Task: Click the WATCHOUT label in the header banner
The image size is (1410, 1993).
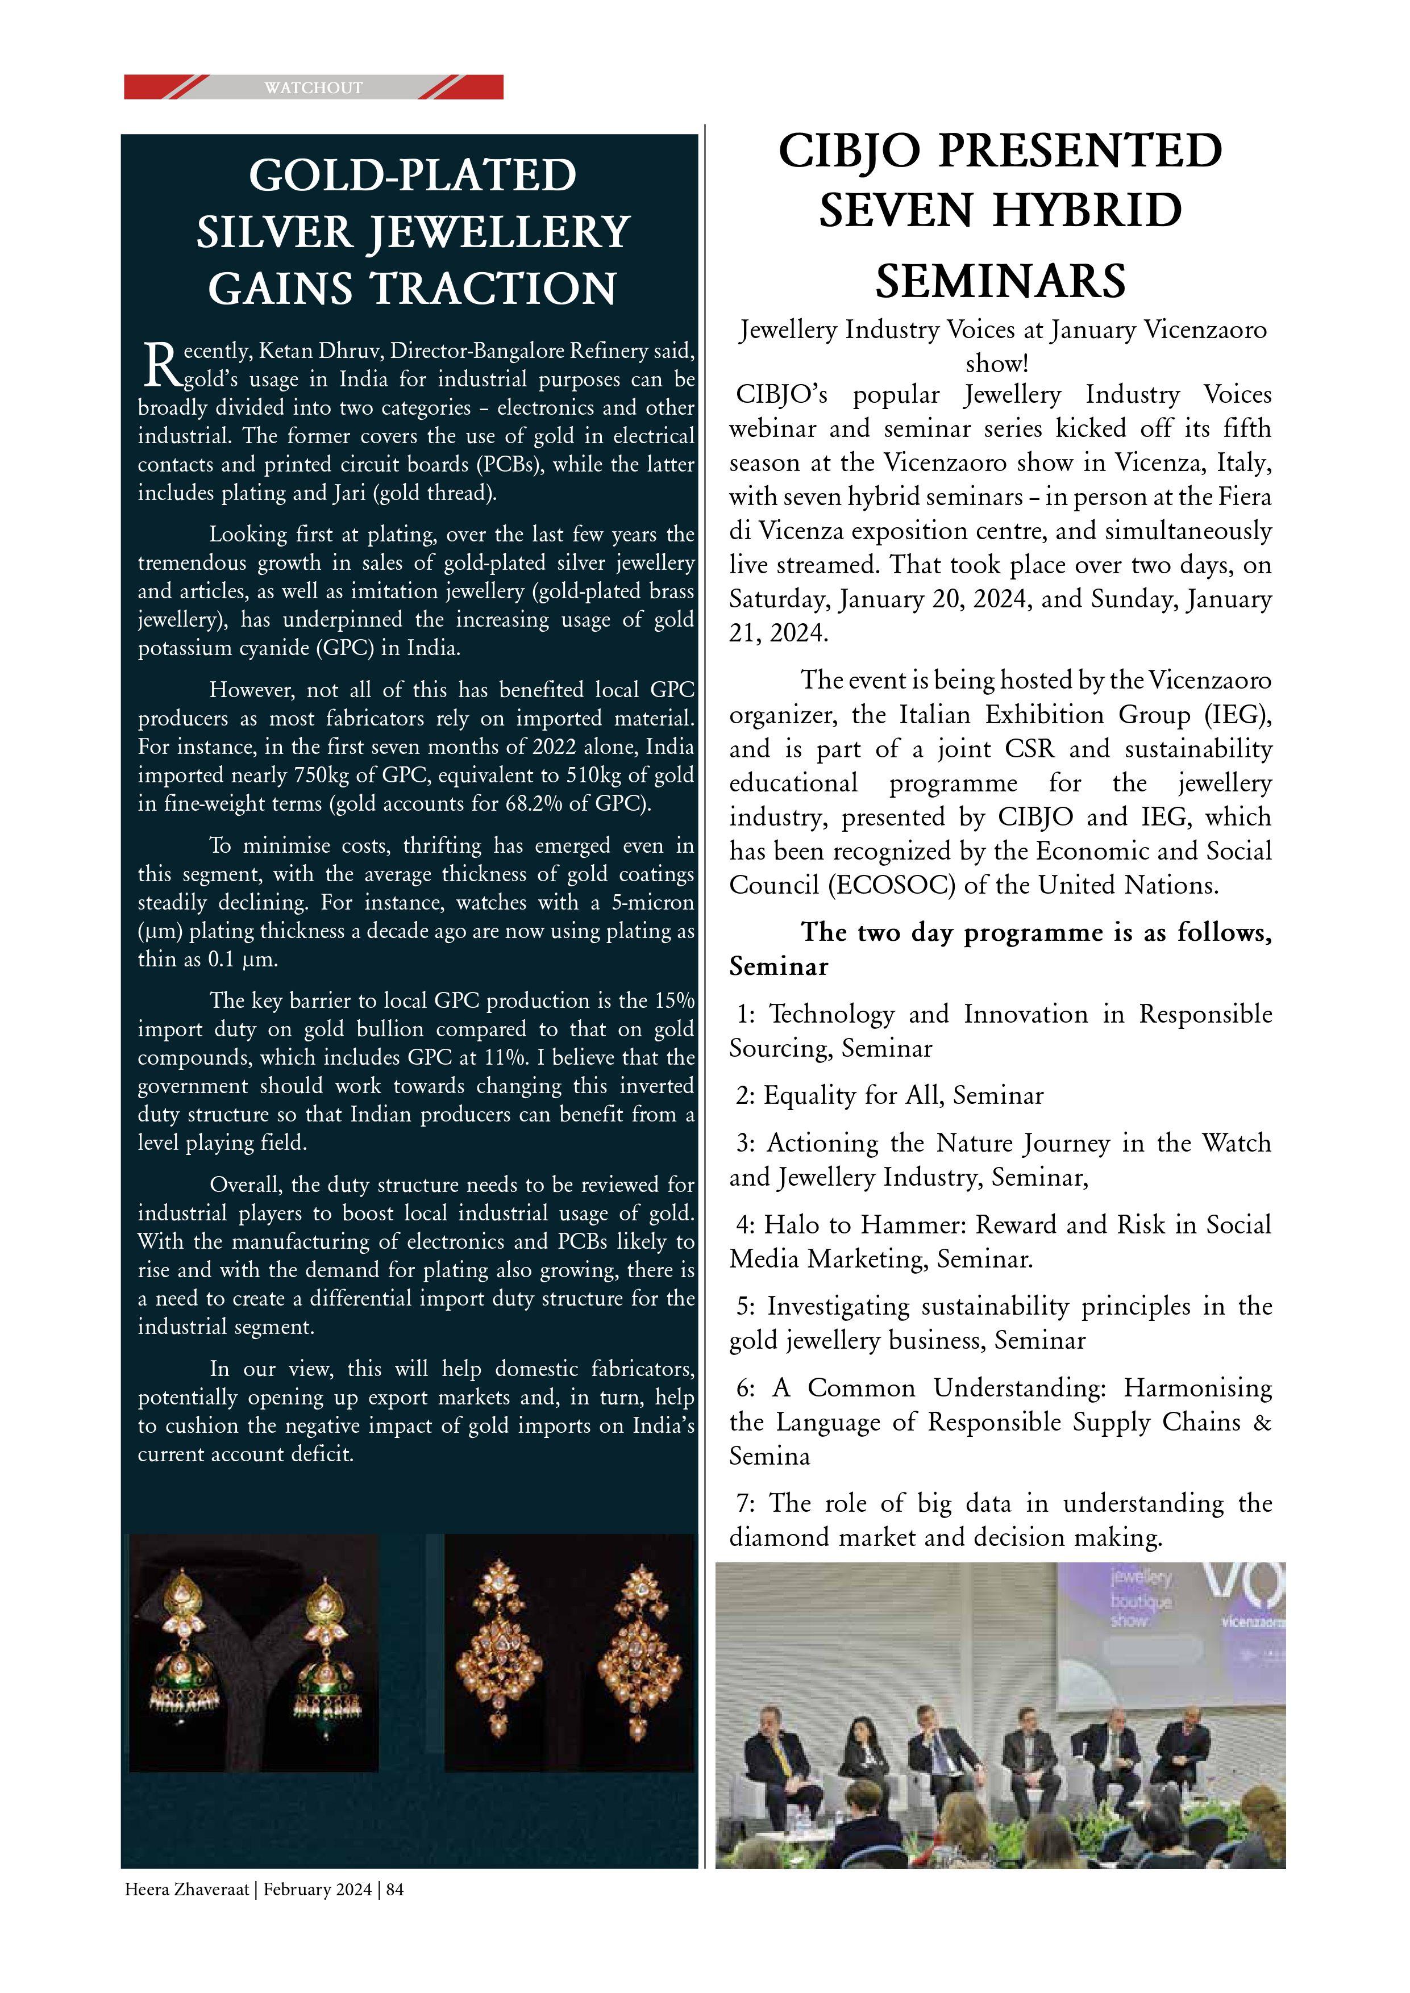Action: pos(314,87)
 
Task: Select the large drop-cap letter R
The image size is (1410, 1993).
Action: pos(159,365)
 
